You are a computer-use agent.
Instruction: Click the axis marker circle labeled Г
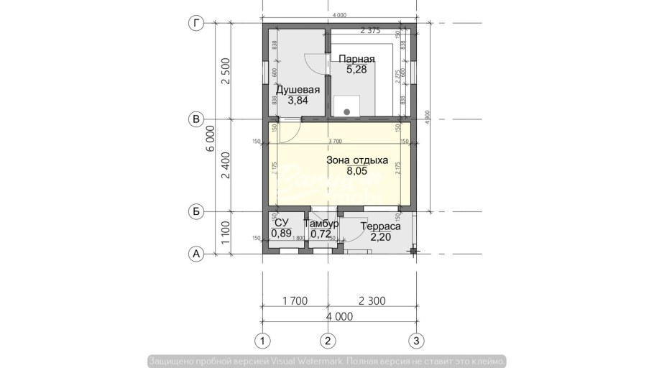(195, 24)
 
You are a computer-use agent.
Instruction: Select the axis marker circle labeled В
(195, 119)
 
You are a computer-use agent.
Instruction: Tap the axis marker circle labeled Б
(195, 211)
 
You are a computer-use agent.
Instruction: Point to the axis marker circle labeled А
(195, 254)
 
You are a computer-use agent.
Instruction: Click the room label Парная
(356, 59)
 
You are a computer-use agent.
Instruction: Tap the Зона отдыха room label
(356, 160)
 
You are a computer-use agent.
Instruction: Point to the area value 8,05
(356, 171)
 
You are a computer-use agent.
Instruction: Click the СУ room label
(282, 224)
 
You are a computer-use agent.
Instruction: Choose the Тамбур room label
(321, 224)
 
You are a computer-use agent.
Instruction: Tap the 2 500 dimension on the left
(226, 72)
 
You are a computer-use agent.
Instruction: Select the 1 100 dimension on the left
(226, 233)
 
